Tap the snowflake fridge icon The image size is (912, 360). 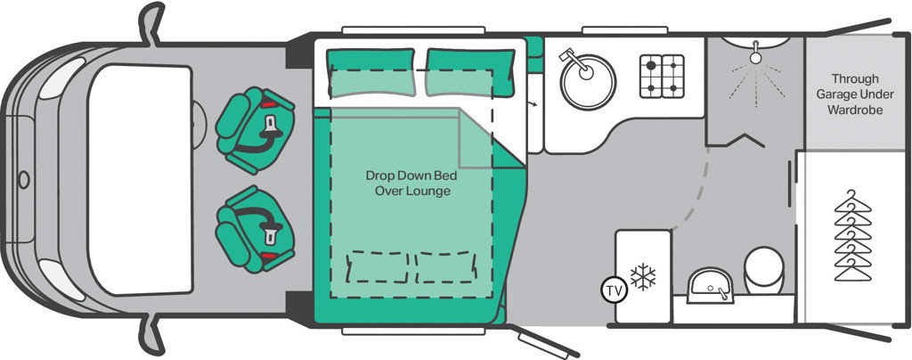click(x=643, y=277)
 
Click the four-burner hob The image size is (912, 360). click(x=662, y=76)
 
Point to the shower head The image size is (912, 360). click(x=755, y=53)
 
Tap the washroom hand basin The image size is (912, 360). click(x=710, y=285)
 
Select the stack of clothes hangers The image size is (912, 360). click(x=852, y=235)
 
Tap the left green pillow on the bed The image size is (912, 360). click(x=370, y=72)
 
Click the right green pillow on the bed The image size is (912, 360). click(x=470, y=72)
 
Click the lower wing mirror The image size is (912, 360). click(x=151, y=336)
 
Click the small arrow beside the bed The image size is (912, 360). click(x=533, y=103)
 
